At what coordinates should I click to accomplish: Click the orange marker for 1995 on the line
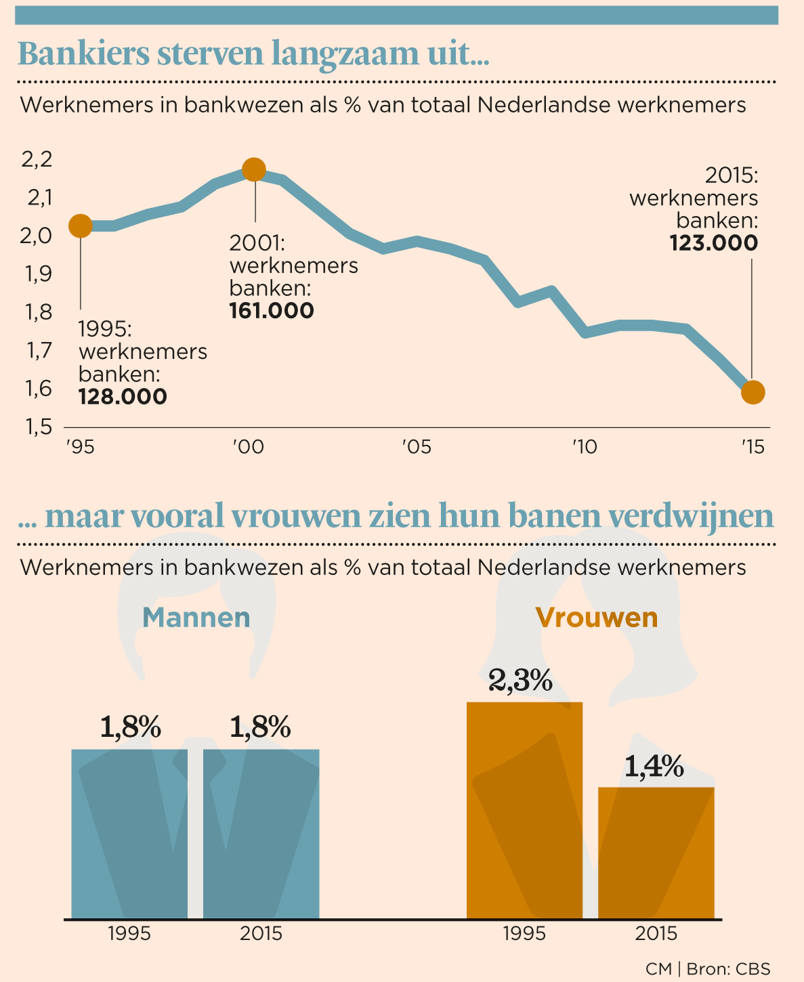81,226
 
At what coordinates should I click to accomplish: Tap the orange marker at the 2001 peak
254,169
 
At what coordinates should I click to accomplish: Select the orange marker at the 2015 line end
753,392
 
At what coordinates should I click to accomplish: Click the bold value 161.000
272,312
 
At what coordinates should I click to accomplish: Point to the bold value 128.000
123,397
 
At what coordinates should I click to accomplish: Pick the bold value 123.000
714,243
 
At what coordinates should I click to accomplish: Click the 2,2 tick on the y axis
37,160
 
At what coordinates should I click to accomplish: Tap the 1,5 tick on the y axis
37,427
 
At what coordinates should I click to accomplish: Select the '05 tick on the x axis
416,448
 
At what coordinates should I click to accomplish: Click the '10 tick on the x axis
584,448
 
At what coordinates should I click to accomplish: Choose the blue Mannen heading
196,618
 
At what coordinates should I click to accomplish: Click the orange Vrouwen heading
596,618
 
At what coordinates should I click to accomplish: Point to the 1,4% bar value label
654,767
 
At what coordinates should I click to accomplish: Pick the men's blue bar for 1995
129,834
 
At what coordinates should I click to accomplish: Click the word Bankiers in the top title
84,54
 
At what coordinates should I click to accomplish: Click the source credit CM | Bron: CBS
708,968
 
